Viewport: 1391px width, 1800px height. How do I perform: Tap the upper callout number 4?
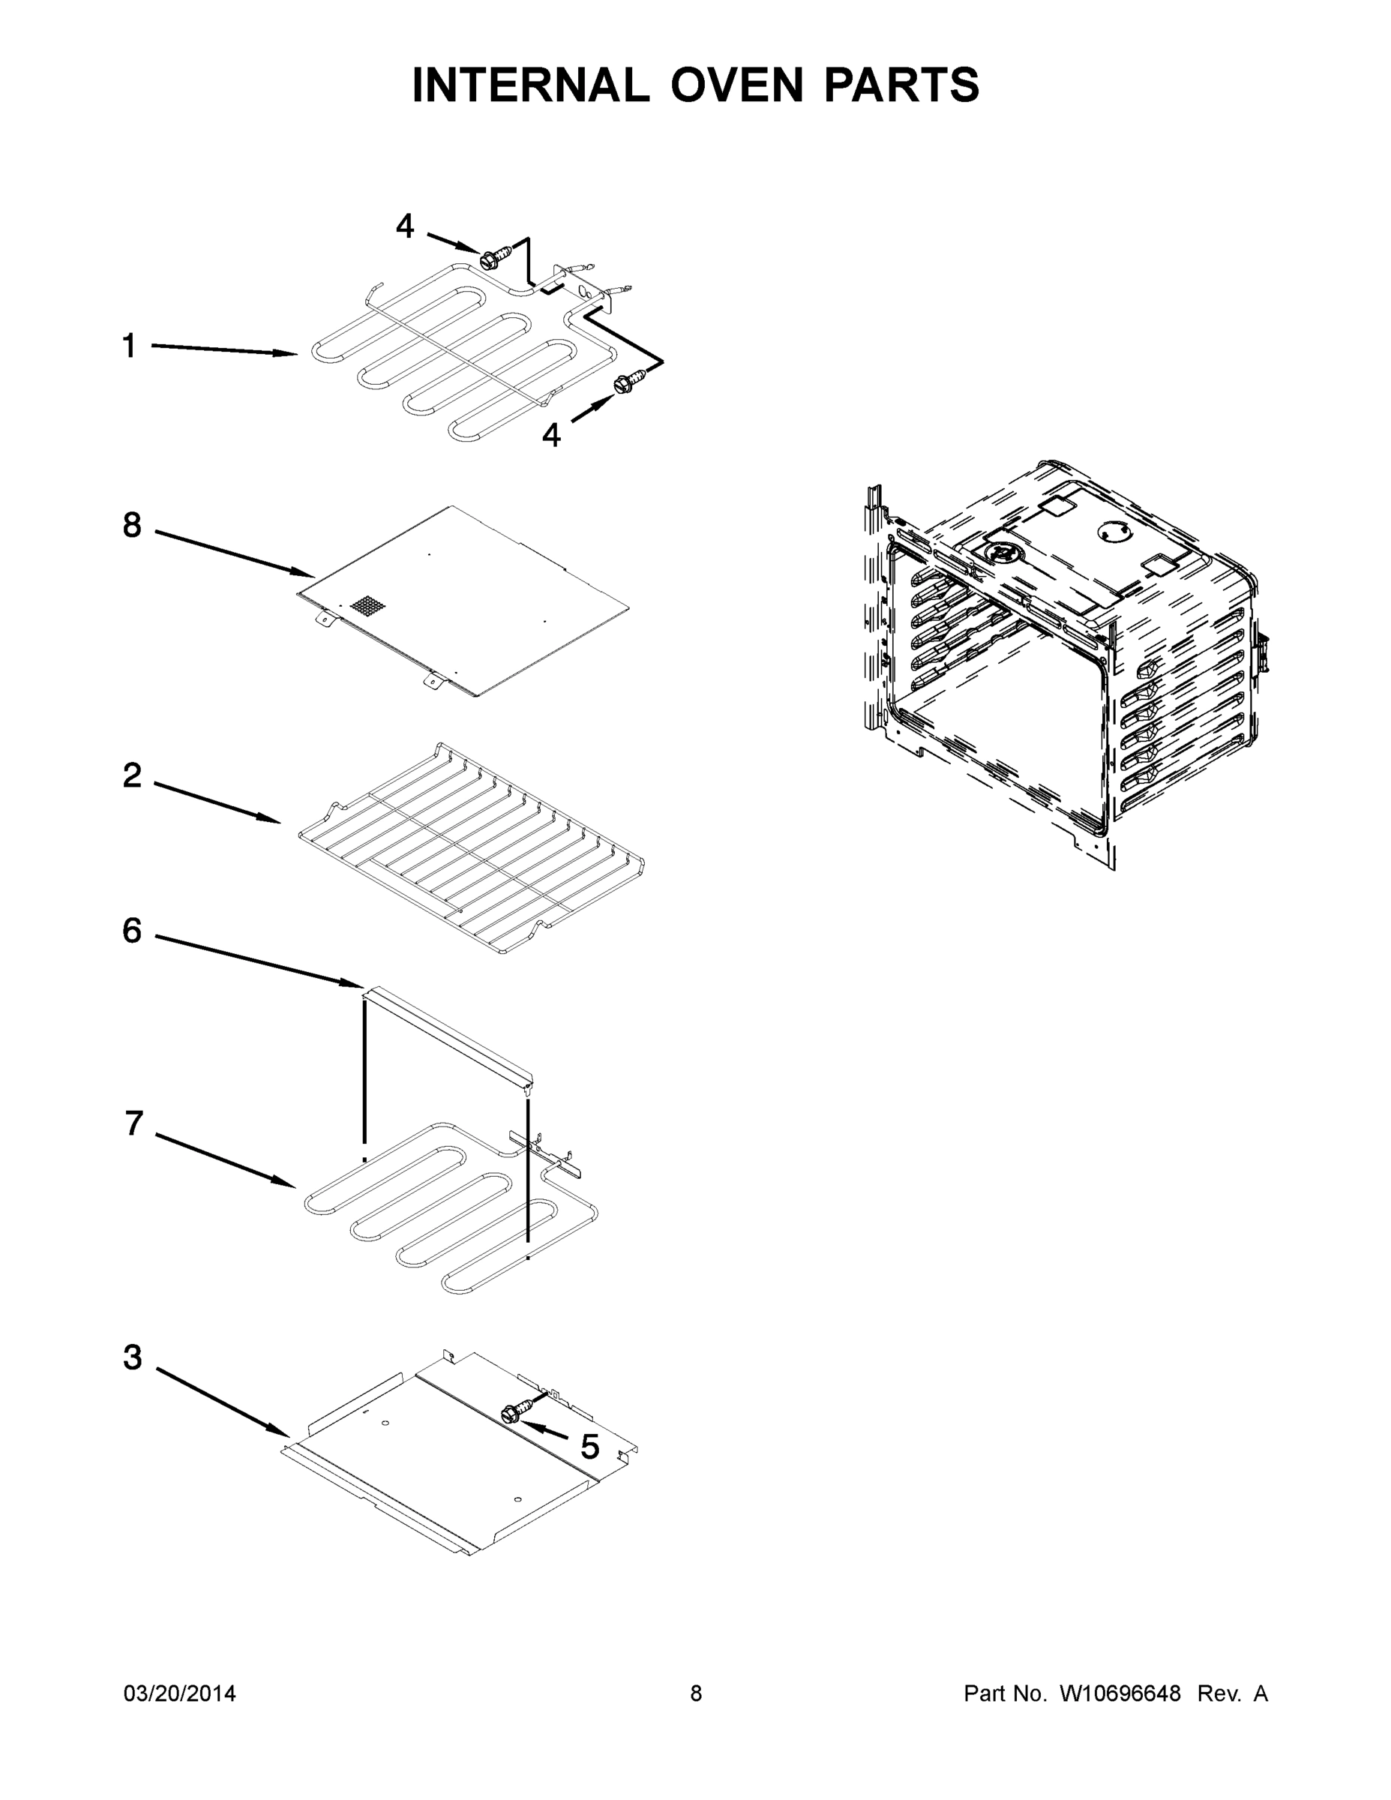405,226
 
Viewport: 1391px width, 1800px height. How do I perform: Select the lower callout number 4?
551,434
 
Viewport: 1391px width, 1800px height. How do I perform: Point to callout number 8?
132,525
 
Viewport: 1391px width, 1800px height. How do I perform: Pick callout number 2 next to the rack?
132,775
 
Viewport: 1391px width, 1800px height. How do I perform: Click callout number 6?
132,931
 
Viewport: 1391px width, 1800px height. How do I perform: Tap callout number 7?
133,1123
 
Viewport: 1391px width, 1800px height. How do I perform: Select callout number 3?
132,1357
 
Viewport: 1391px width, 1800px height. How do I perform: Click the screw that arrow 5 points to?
511,1414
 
